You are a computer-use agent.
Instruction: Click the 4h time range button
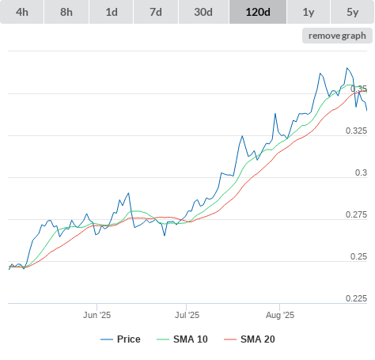22,12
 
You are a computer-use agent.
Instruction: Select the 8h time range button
66,12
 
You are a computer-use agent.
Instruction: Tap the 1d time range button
112,12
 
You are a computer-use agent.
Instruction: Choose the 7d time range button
156,12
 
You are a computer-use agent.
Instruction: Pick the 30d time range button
203,12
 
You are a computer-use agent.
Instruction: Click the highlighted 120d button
258,12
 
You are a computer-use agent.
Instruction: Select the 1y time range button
309,12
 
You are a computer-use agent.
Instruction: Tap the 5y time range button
353,12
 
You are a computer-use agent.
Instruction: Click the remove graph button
337,36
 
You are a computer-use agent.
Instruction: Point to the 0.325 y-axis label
356,131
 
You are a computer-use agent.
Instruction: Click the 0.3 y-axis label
361,172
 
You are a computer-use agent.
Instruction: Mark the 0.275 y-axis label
356,214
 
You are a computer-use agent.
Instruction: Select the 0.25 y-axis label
358,256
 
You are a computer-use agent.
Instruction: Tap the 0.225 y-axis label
356,298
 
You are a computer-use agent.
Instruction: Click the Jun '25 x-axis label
97,315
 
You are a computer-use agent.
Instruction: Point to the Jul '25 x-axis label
187,315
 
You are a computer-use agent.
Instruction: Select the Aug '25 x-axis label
280,315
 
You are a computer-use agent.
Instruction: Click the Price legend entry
120,339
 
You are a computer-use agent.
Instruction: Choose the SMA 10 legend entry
182,339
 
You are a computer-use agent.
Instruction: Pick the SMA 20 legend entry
249,339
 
